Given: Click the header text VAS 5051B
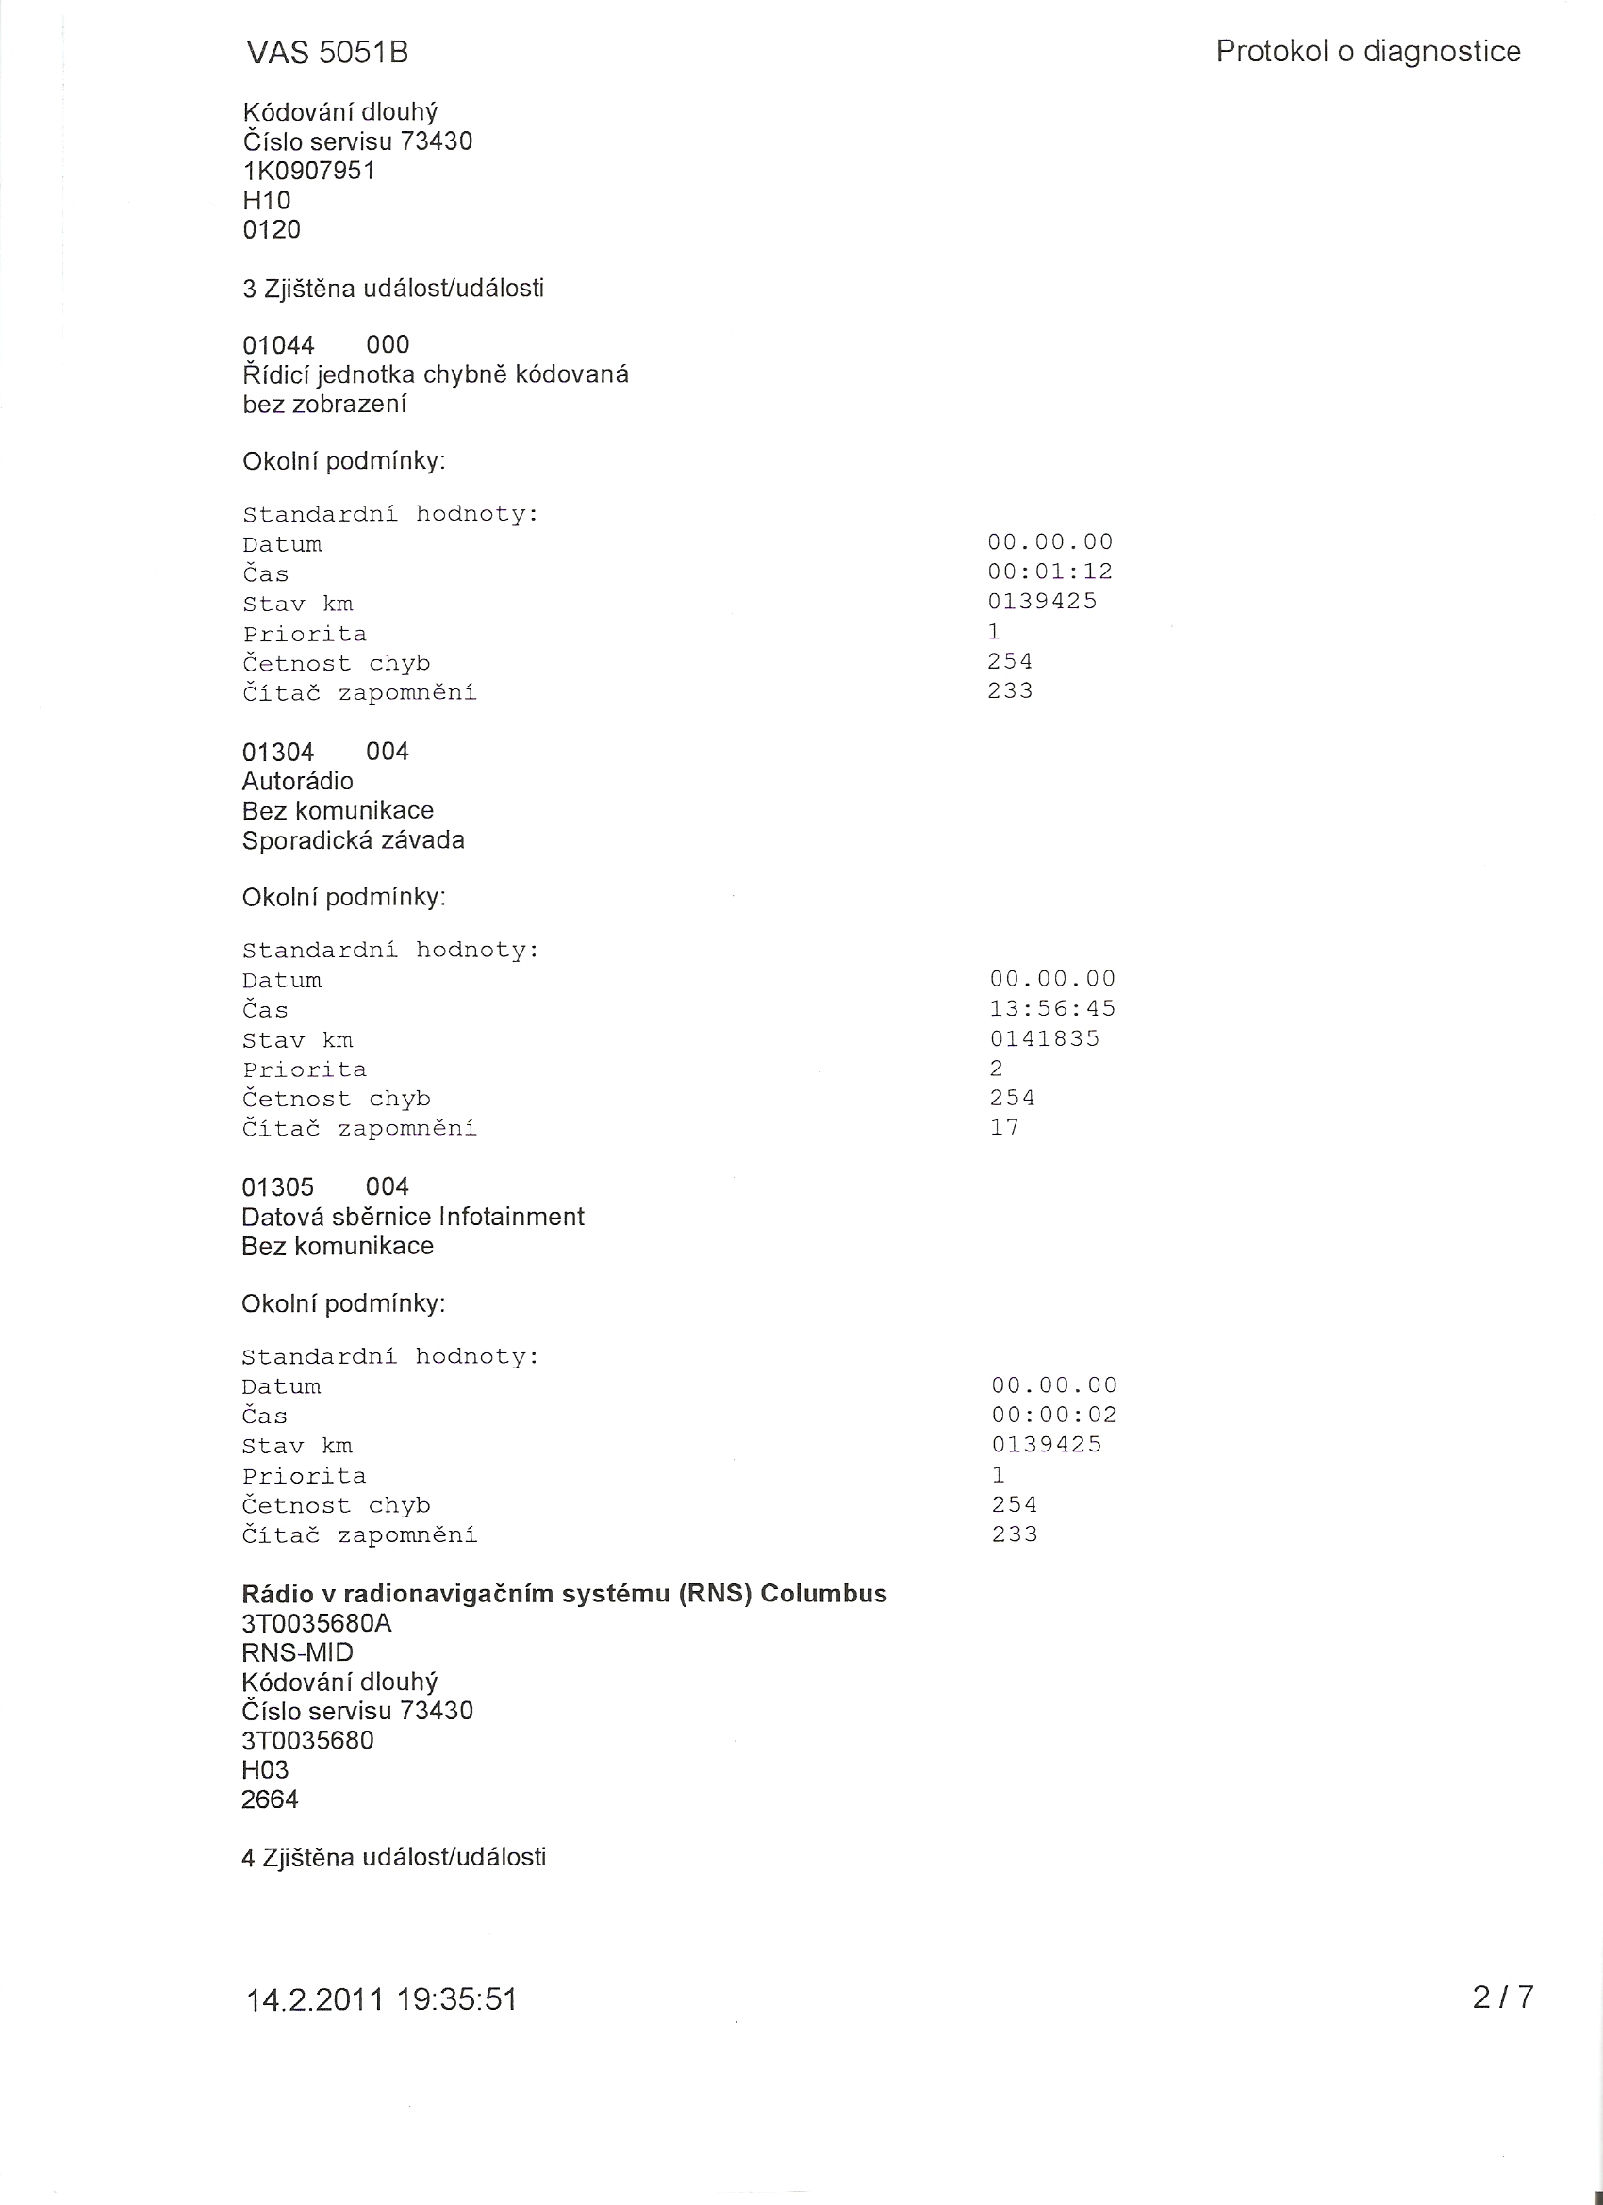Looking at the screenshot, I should (x=326, y=54).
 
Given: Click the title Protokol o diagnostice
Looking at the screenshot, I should (x=1368, y=52).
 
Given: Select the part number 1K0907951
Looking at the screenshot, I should (x=309, y=171).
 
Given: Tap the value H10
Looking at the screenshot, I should (x=266, y=201).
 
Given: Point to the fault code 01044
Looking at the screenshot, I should (x=278, y=345).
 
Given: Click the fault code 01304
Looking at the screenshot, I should (x=278, y=752).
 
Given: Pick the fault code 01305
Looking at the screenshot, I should (x=278, y=1187).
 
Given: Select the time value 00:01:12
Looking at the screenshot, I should (x=1049, y=572).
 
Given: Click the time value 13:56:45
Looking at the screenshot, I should (x=1052, y=1008).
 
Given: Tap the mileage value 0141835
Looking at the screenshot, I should (x=1045, y=1038).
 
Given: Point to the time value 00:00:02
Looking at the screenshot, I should (x=1055, y=1415).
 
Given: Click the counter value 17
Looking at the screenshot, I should (x=1004, y=1127).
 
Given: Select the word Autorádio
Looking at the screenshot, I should (x=297, y=781).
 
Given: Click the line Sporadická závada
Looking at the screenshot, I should (x=353, y=840).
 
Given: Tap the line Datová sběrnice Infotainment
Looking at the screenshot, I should (x=413, y=1217).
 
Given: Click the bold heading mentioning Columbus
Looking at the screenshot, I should (x=564, y=1594).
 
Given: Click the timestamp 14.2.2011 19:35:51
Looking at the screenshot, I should (x=381, y=1998).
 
